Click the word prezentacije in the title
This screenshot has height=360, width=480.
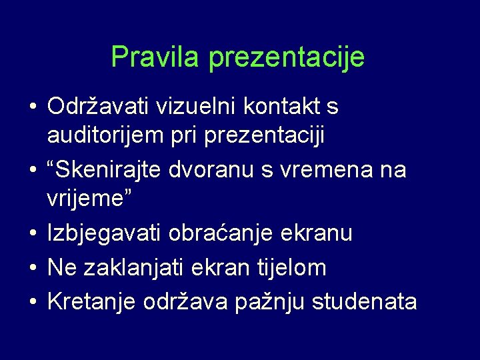[287, 58]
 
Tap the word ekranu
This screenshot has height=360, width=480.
[319, 235]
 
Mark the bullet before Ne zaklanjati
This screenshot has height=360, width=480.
[32, 267]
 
